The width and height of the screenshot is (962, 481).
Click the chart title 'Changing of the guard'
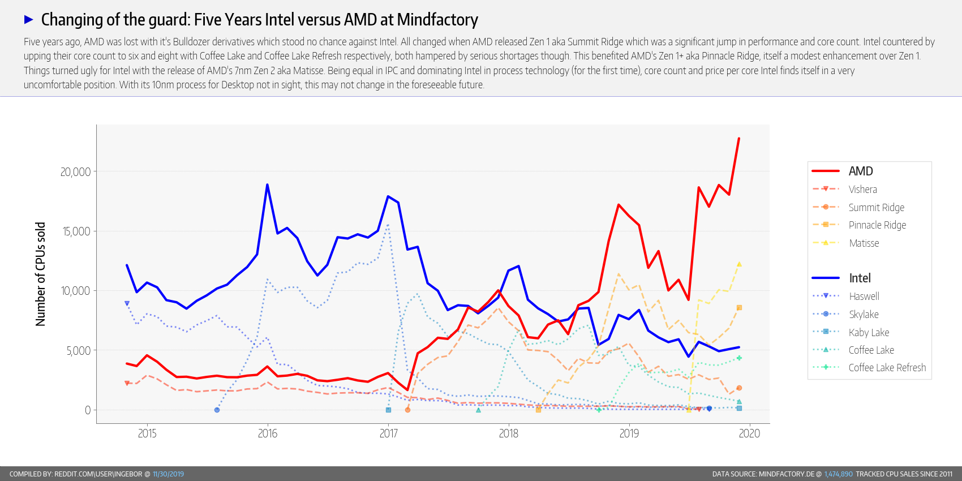click(x=259, y=20)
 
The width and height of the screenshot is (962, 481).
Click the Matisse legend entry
click(x=864, y=243)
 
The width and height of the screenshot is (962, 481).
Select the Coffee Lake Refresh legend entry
click(x=887, y=368)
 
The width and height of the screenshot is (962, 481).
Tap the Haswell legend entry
click(x=864, y=297)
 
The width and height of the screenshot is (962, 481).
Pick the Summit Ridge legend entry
click(x=876, y=208)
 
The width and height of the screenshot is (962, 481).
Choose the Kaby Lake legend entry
click(x=869, y=333)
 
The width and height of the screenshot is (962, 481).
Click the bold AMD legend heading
click(x=860, y=171)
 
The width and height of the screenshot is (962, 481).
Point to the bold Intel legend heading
click(x=860, y=278)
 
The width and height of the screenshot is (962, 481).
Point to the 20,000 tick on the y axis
click(x=75, y=172)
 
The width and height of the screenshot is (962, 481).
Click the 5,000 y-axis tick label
click(x=78, y=351)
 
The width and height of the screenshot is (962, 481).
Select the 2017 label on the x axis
click(x=388, y=433)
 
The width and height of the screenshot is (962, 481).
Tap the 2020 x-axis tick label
click(x=749, y=433)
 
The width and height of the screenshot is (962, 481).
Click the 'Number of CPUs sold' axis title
click(x=40, y=274)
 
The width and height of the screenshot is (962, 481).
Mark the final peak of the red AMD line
click(x=738, y=139)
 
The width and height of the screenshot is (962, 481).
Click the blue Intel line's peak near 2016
click(x=267, y=184)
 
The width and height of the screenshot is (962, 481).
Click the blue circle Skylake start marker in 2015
click(x=217, y=410)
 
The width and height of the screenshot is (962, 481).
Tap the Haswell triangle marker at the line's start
click(x=127, y=303)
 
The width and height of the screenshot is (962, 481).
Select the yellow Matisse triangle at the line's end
click(x=739, y=264)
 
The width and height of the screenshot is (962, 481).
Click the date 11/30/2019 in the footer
click(x=168, y=474)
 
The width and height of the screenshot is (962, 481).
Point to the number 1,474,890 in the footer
click(x=838, y=474)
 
